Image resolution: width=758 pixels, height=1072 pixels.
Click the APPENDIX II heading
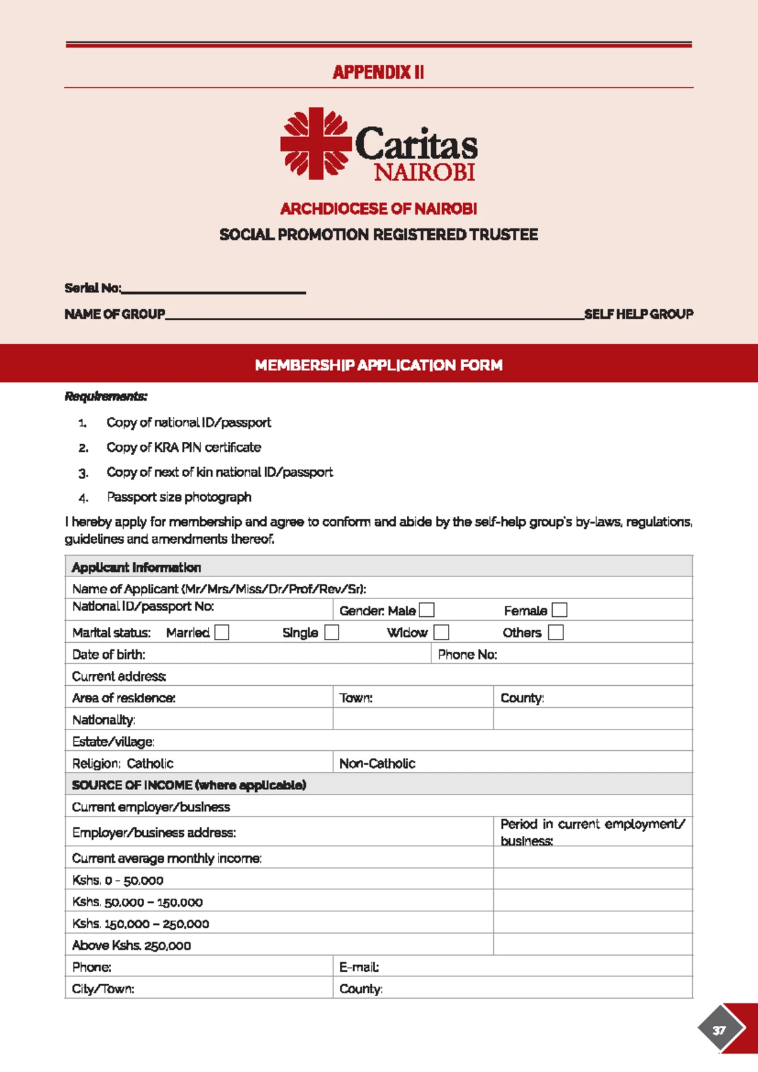pyautogui.click(x=378, y=72)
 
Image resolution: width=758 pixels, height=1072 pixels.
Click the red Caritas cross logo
pyautogui.click(x=315, y=143)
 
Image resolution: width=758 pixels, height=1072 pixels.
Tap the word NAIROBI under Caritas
pyautogui.click(x=424, y=172)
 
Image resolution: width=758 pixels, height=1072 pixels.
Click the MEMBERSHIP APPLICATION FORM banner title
pyautogui.click(x=378, y=365)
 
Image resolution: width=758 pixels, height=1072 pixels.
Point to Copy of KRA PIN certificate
pyautogui.click(x=183, y=448)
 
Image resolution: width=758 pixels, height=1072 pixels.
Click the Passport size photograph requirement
pyautogui.click(x=179, y=497)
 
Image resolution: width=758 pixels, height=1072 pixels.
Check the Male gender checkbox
pyautogui.click(x=427, y=610)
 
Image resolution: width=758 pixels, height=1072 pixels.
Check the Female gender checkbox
pyautogui.click(x=560, y=610)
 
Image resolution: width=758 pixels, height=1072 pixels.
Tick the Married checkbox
pyautogui.click(x=222, y=632)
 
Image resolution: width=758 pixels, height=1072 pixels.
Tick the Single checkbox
pyautogui.click(x=332, y=632)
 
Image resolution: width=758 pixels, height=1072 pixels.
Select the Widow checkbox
pyautogui.click(x=442, y=632)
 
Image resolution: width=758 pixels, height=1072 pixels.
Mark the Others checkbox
pyautogui.click(x=556, y=632)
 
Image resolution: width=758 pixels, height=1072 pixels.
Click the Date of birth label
pyautogui.click(x=109, y=654)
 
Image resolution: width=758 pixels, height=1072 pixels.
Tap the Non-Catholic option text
pyautogui.click(x=377, y=764)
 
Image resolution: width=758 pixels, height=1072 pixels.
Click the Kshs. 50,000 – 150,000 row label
pyautogui.click(x=137, y=902)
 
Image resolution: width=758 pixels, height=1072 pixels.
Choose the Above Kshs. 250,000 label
pyautogui.click(x=131, y=946)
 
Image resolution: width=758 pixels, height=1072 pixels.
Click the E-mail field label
pyautogui.click(x=359, y=967)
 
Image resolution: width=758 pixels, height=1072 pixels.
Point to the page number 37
pyautogui.click(x=719, y=1030)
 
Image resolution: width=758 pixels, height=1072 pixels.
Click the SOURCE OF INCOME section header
pyautogui.click(x=189, y=785)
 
